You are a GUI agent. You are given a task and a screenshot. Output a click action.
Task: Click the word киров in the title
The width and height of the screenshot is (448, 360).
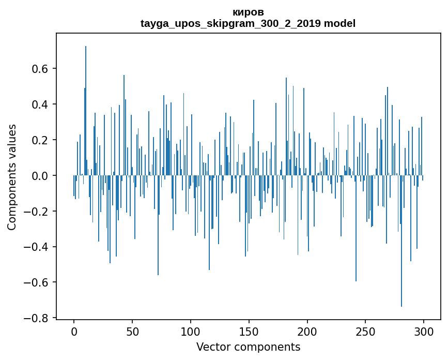pos(248,12)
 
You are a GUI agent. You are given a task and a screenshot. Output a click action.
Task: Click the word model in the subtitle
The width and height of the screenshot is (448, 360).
pos(339,23)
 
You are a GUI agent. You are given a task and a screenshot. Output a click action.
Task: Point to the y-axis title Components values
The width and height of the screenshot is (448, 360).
pos(12,177)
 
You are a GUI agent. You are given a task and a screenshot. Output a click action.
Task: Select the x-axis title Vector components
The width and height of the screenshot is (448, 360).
pos(248,347)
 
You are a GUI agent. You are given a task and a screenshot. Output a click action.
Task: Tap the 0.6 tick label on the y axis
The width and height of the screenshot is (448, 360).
pos(41,69)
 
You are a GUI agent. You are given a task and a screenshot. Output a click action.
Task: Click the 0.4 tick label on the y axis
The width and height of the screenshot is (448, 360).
pos(41,104)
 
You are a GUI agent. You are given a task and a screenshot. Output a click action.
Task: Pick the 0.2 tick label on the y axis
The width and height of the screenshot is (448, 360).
pos(41,140)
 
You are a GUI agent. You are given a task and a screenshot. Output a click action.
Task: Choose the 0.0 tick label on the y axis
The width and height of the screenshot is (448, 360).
pos(41,176)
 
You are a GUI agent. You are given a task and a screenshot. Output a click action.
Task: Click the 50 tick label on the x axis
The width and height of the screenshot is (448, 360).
pos(132,331)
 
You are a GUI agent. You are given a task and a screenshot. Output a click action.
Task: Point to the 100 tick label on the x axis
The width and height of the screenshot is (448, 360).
pos(191,331)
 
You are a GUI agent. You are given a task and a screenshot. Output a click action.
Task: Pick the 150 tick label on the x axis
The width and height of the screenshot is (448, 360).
pos(249,331)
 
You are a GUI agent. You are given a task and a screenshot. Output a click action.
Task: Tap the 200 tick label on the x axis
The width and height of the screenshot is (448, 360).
pos(307,331)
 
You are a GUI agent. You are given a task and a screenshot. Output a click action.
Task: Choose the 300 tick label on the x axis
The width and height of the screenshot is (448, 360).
pos(424,331)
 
